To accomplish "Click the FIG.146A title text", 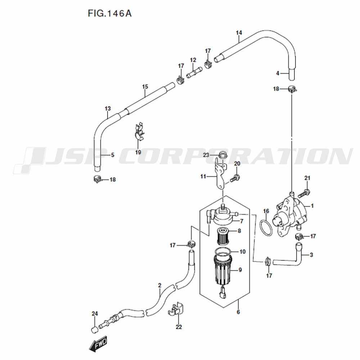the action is [109, 14].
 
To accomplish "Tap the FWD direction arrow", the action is [98, 344].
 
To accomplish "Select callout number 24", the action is [95, 314].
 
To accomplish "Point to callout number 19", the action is [138, 152].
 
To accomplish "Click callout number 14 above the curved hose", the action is [239, 33].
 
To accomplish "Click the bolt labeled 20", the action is [235, 177].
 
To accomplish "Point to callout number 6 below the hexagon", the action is [238, 312].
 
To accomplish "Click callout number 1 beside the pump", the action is [312, 206].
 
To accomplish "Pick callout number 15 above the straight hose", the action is [145, 86].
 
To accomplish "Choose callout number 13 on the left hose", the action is [108, 108].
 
